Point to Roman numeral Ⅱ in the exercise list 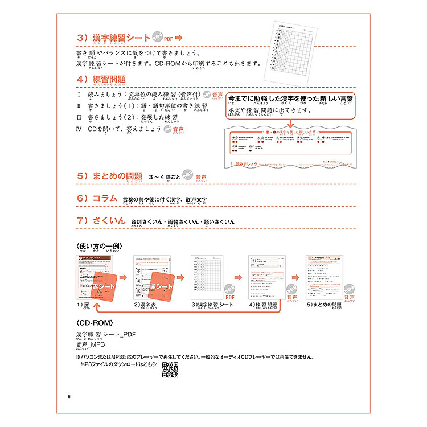tap(79, 106)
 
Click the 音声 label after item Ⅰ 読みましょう tap(217, 95)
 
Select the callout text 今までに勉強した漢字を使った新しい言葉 tap(290, 98)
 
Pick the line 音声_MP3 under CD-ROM tap(91, 344)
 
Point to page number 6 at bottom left tap(69, 396)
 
